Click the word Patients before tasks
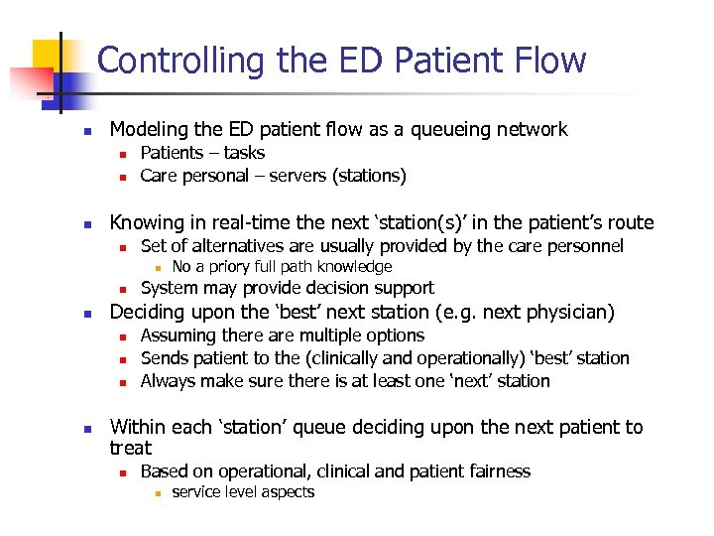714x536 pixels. (x=172, y=153)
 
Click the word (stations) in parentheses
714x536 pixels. (x=369, y=176)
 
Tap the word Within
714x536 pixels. (x=137, y=427)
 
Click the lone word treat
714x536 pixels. (x=130, y=449)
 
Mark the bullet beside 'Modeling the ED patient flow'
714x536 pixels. (x=87, y=131)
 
